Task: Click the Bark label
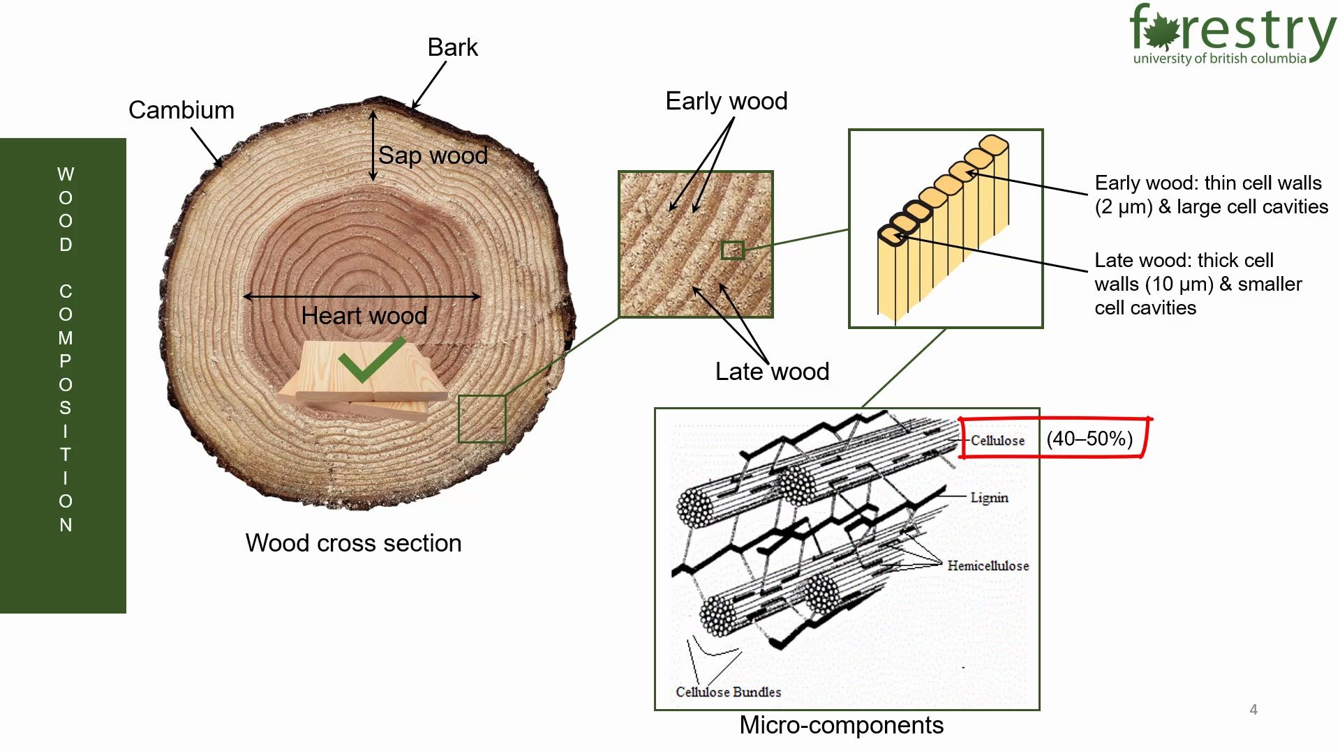[452, 47]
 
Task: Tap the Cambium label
[181, 110]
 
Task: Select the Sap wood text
[433, 155]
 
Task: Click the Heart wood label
[364, 316]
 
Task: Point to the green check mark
[371, 360]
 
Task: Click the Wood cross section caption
[353, 543]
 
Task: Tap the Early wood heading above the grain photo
[726, 101]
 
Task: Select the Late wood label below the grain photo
[772, 372]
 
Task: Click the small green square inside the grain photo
[732, 250]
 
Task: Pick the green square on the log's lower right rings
[482, 418]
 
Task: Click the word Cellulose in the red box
[997, 441]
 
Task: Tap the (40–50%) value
[1089, 439]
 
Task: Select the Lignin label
[989, 498]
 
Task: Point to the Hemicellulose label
[988, 565]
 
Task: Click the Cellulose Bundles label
[728, 692]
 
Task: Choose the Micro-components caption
[841, 725]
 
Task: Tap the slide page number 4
[1253, 710]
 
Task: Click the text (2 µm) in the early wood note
[1123, 207]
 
